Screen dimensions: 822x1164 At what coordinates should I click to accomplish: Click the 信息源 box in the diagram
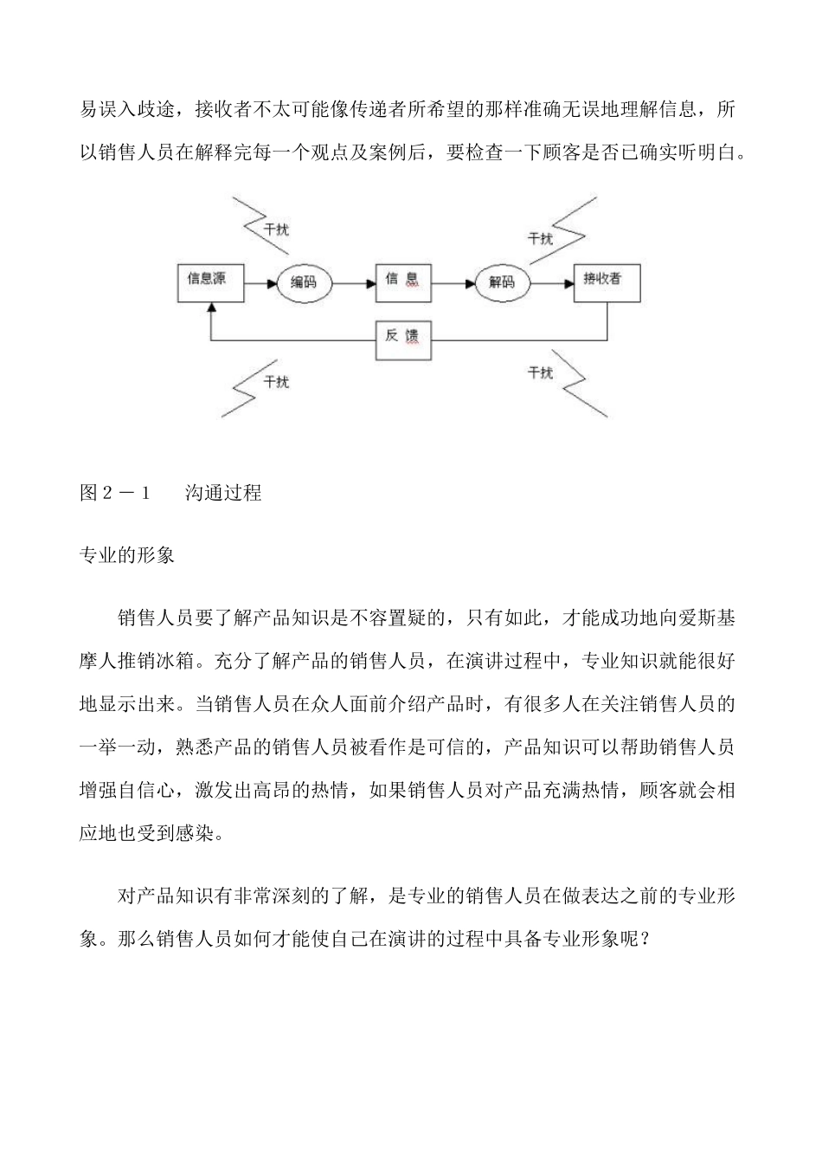[210, 281]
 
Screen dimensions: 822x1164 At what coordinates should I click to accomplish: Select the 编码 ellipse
[303, 282]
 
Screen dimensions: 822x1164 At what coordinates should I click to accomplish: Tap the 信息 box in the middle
[402, 281]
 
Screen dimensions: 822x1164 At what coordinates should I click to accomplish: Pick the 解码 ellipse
[502, 282]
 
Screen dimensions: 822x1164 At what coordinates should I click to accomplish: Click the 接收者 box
[607, 281]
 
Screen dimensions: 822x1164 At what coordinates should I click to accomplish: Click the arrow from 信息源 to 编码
[260, 282]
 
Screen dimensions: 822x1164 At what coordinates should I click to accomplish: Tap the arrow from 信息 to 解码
[453, 282]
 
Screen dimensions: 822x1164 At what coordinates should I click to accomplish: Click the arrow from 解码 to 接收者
[552, 282]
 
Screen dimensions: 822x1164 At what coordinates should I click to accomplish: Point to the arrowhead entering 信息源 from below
[210, 307]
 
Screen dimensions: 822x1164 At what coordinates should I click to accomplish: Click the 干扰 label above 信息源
[277, 230]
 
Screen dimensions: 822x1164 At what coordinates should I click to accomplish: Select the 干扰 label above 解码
[540, 238]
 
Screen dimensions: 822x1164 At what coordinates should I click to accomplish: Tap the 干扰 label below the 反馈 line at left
[276, 382]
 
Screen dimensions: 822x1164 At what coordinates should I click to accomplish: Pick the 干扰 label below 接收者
[540, 372]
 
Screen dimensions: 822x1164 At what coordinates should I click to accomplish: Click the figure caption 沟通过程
[223, 494]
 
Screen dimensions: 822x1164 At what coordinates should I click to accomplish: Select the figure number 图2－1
[115, 494]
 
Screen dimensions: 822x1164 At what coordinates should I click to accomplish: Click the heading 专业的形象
[127, 555]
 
